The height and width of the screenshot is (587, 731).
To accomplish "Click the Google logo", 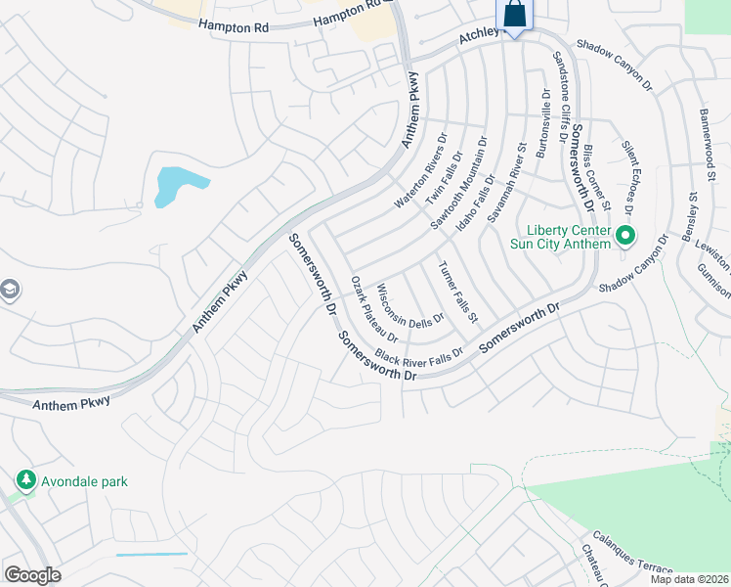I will pyautogui.click(x=32, y=575).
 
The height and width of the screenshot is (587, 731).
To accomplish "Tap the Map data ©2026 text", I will pyautogui.click(x=689, y=579).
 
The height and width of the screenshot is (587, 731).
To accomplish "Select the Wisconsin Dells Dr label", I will pyautogui.click(x=410, y=304).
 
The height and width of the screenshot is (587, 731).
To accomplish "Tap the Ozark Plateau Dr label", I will pyautogui.click(x=374, y=308).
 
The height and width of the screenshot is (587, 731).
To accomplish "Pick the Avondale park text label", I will pyautogui.click(x=84, y=481).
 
